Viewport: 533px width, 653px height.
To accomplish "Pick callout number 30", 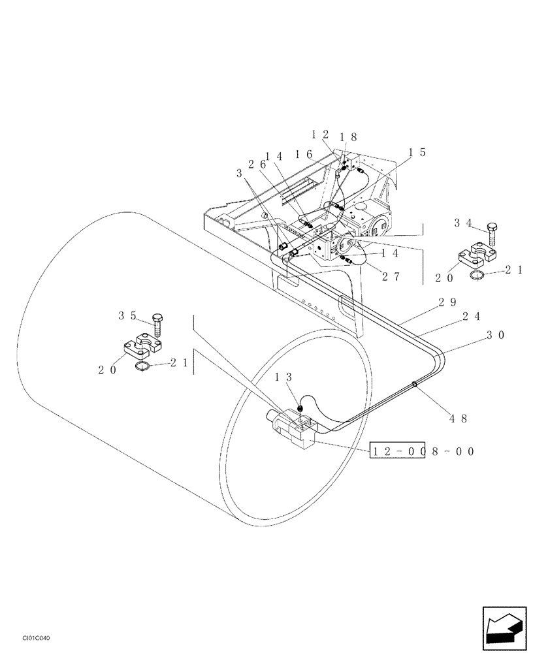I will pyautogui.click(x=496, y=334).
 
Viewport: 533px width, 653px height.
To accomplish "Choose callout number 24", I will pyautogui.click(x=472, y=316).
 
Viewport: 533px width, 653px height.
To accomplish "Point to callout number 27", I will pyautogui.click(x=391, y=276).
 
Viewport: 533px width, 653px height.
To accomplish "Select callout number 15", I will pyautogui.click(x=417, y=152).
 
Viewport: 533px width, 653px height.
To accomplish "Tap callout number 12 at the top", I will pyautogui.click(x=320, y=135).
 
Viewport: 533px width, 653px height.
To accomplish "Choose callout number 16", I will pyautogui.click(x=304, y=154).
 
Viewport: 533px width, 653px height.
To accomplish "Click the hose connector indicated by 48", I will pyautogui.click(x=415, y=385).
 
